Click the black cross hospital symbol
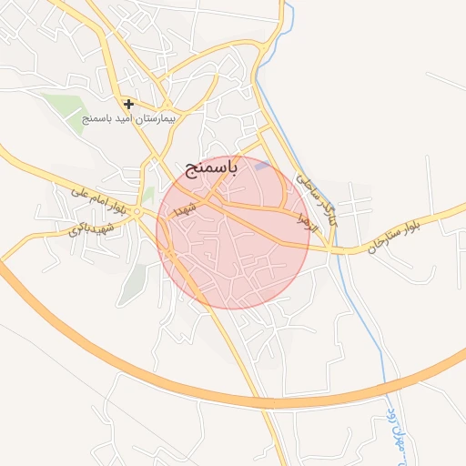click(129, 104)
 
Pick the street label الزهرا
click(307, 221)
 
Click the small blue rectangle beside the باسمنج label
click(262, 167)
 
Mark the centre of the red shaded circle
click(233, 233)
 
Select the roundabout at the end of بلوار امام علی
click(135, 213)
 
